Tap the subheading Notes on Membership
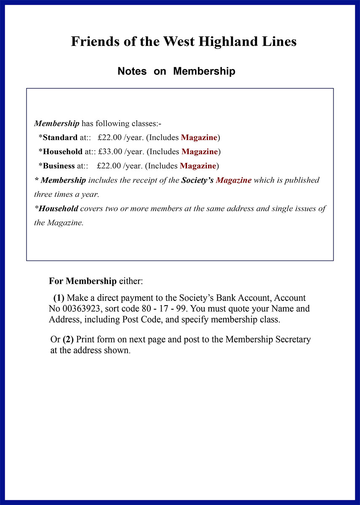tap(176, 71)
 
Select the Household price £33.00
tap(110, 151)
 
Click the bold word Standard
tap(60, 138)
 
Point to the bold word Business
tap(59, 166)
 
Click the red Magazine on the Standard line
tap(199, 138)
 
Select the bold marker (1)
tap(59, 298)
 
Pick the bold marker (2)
tap(68, 339)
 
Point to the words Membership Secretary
tap(268, 339)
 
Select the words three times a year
tap(66, 194)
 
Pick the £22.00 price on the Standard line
tap(110, 138)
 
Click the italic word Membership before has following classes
tap(56, 124)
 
